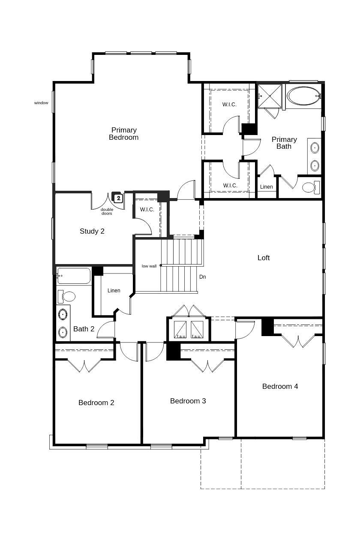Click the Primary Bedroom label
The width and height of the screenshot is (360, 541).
click(123, 134)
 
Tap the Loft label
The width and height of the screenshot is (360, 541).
click(264, 258)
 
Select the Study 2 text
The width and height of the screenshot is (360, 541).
click(92, 231)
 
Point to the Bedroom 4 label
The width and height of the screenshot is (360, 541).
click(280, 386)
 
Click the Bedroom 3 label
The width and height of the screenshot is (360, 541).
click(188, 401)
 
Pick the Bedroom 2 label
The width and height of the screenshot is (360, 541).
click(96, 403)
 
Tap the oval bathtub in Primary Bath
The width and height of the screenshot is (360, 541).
click(303, 96)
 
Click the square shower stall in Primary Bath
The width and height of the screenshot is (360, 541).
click(270, 96)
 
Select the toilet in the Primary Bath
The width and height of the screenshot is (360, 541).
click(310, 187)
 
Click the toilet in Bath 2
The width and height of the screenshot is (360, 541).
click(66, 296)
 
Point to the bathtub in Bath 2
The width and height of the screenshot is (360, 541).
click(74, 276)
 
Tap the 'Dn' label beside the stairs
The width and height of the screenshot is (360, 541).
click(203, 277)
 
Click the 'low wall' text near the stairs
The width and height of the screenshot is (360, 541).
click(149, 266)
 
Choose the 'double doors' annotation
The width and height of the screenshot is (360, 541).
click(107, 211)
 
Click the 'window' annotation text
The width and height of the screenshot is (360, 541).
click(41, 103)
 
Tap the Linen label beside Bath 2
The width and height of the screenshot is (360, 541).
click(114, 291)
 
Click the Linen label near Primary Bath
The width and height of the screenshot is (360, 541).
click(267, 187)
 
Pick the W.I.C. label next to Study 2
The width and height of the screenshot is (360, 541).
click(147, 210)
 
